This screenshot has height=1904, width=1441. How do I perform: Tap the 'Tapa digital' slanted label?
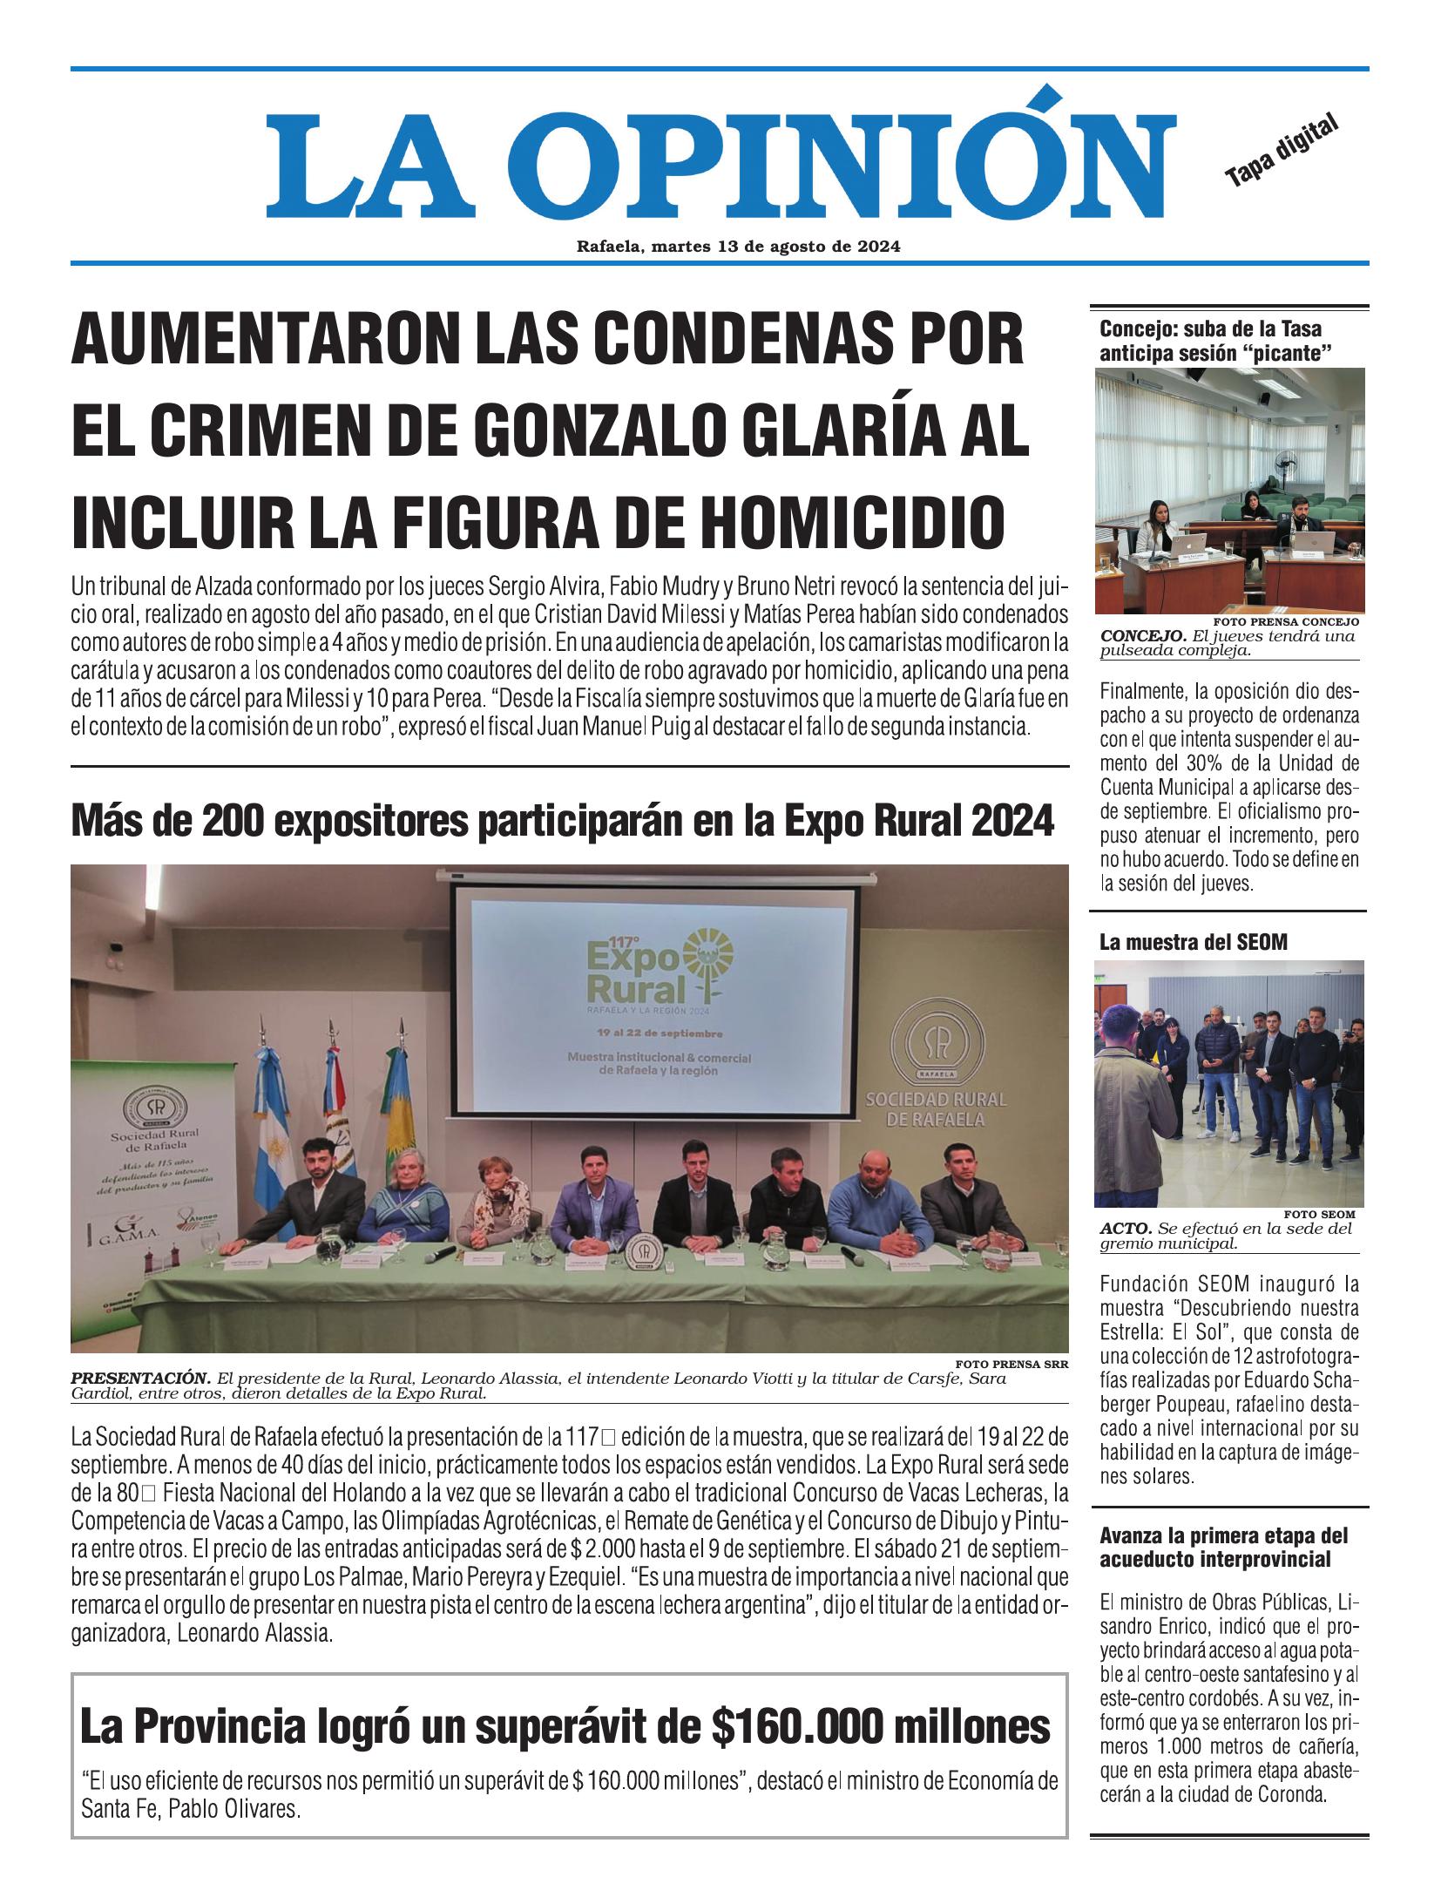coord(1281,151)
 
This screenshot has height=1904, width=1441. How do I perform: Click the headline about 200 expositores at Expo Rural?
coord(562,822)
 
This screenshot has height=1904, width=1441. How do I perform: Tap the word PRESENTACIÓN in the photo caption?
coord(140,1379)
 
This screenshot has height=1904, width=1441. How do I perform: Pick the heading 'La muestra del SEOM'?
coord(1193,941)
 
